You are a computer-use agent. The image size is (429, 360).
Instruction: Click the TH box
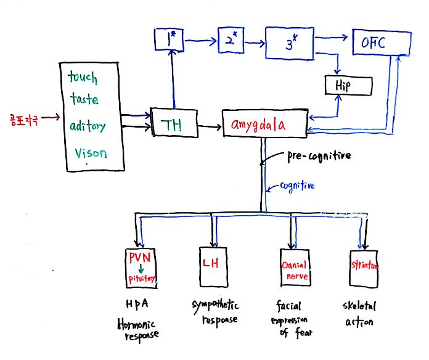pos(174,124)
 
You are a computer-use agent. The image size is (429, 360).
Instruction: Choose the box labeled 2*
pos(232,43)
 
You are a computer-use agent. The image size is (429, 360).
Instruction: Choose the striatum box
pos(364,268)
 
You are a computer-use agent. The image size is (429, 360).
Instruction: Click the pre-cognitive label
pos(318,156)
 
